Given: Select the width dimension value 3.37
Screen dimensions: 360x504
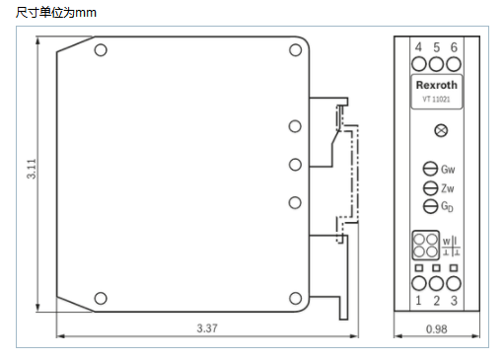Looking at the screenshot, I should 207,327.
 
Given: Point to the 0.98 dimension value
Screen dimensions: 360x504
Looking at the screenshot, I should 436,327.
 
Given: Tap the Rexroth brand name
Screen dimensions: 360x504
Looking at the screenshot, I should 435,86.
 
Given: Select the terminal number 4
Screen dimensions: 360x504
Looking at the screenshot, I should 418,47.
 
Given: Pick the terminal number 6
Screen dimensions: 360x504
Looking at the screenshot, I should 454,47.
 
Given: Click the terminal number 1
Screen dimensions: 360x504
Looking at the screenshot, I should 418,300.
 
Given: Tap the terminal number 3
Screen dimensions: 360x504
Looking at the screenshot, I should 454,300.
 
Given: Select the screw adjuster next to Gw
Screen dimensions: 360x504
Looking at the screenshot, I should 429,169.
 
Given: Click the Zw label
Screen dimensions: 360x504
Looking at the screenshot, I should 448,187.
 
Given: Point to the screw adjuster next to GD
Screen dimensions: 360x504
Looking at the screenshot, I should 429,206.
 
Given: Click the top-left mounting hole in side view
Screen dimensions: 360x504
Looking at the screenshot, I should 100,50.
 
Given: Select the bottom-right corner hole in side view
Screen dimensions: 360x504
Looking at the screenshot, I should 294,298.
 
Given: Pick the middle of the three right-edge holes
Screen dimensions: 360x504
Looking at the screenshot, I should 294,165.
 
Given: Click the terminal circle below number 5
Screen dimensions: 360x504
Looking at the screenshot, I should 436,64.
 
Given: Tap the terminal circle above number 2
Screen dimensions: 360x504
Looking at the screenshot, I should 436,283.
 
